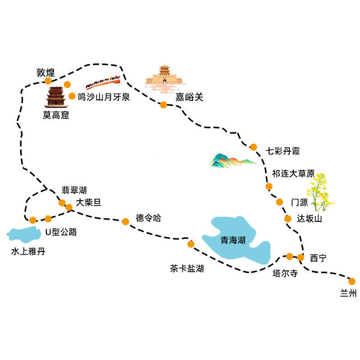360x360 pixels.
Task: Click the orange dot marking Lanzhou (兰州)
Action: [352, 281]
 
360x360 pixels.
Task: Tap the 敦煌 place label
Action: [46, 72]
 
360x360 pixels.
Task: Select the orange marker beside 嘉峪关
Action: [163, 105]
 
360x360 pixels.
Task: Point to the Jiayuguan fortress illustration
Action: [165, 78]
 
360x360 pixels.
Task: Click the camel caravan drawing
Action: [103, 82]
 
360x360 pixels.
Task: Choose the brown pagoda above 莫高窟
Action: [56, 97]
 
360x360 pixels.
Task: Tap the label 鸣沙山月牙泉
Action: [104, 97]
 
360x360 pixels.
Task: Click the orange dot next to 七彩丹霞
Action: [253, 147]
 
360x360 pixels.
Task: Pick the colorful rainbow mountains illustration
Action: [232, 160]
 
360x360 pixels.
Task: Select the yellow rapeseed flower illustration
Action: [320, 192]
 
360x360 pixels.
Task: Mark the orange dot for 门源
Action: [279, 202]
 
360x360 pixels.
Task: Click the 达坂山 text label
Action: [309, 219]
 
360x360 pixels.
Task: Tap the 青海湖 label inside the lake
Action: [233, 240]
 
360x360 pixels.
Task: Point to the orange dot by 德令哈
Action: [126, 221]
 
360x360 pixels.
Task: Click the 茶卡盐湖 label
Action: [187, 268]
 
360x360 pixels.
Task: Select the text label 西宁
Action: [318, 258]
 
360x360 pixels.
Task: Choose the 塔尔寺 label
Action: [285, 273]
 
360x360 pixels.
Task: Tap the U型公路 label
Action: [61, 232]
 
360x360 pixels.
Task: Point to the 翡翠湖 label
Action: [74, 190]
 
